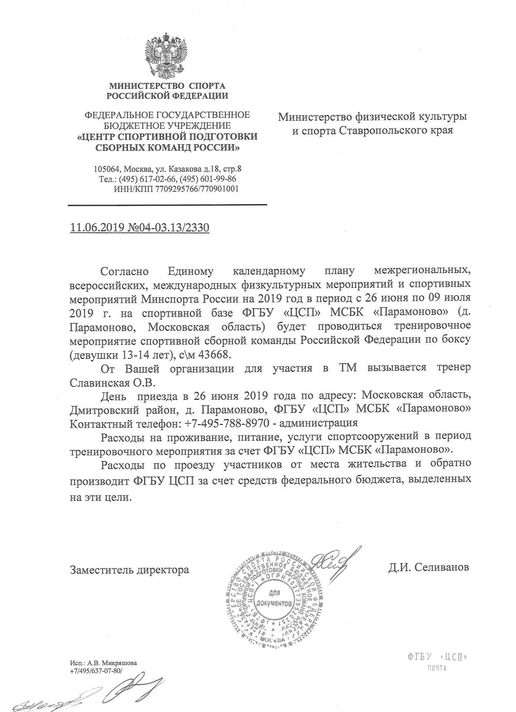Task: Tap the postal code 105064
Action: point(106,169)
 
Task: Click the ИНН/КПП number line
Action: point(176,189)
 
